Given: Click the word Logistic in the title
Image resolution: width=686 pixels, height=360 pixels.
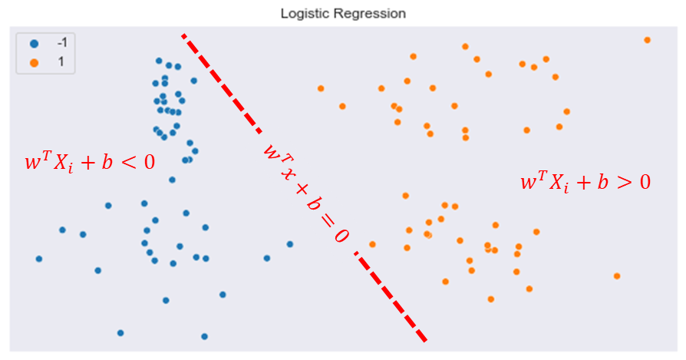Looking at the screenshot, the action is (x=305, y=14).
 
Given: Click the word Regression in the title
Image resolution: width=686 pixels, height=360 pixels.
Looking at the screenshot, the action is (x=369, y=14).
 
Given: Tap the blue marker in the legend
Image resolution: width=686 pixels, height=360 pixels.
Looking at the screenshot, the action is (x=34, y=44).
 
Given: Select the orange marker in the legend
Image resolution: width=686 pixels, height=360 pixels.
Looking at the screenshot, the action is (x=34, y=63).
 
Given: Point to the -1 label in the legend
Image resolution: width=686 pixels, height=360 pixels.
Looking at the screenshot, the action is (x=62, y=42).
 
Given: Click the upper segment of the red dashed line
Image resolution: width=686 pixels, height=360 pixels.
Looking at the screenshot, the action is (x=222, y=83).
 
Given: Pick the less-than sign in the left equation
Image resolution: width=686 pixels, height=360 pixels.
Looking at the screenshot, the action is (x=129, y=163).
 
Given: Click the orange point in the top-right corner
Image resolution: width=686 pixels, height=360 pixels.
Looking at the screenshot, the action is (x=647, y=40).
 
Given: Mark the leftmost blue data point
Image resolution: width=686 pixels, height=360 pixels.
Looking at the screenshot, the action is (x=39, y=259).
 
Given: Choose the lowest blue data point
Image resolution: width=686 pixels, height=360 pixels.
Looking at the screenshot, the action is (x=204, y=336).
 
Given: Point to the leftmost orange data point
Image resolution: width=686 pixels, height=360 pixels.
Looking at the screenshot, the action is (x=321, y=88).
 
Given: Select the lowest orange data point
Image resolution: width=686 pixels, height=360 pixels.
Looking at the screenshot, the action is (x=491, y=299).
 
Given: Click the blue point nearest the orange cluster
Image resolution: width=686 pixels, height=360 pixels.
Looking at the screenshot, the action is (x=289, y=244).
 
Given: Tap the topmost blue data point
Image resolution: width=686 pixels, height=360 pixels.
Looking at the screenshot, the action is (x=159, y=61).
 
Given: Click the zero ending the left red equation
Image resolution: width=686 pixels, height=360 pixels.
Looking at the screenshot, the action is (x=150, y=162).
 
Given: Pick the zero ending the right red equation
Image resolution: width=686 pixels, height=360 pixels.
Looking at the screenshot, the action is (x=645, y=181).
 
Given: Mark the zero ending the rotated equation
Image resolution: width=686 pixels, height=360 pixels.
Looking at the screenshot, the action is (x=341, y=236).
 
